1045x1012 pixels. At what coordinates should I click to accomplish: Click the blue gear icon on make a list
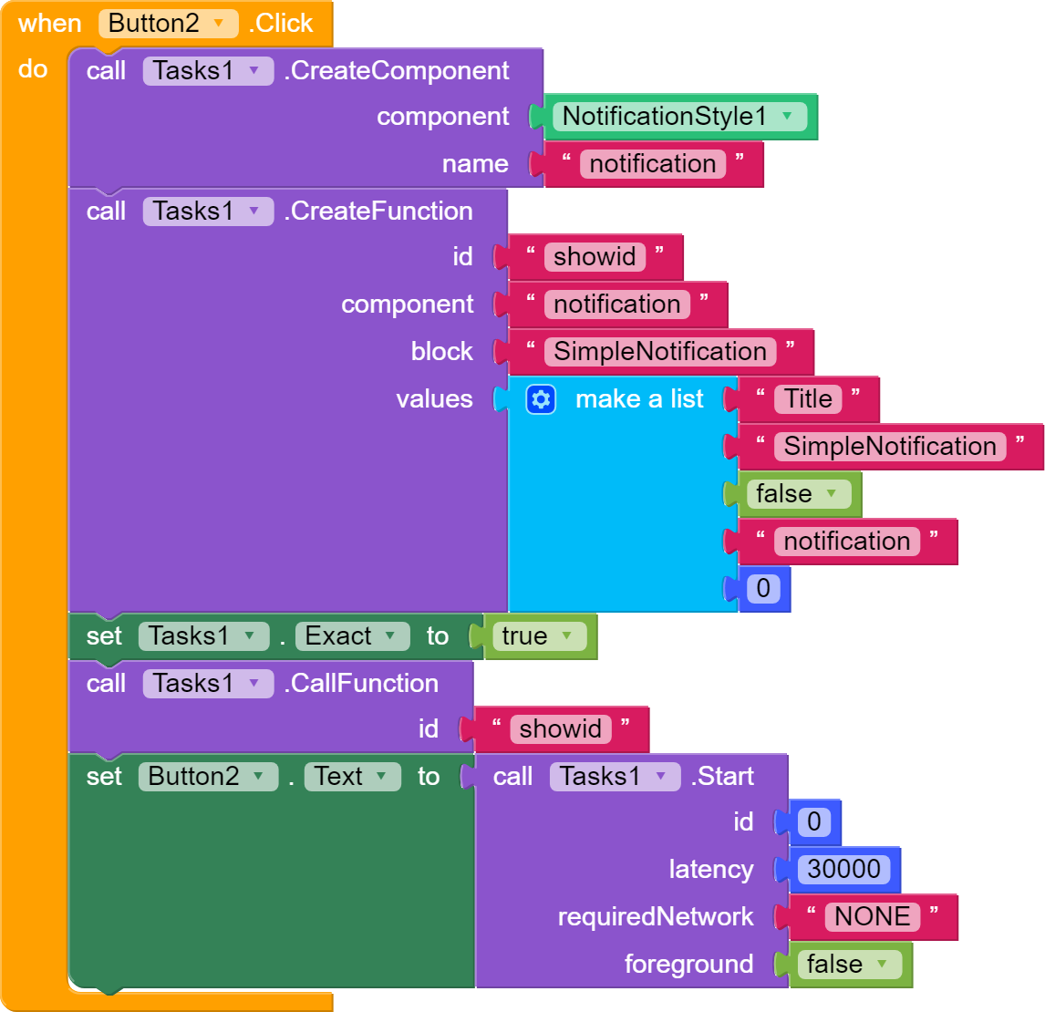coord(541,399)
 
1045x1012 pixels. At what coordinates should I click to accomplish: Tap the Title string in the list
coord(808,399)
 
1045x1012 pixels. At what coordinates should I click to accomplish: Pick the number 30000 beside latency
coord(844,869)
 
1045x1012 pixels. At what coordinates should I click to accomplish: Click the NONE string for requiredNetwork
coord(872,916)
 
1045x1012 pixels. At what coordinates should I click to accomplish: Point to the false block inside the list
coord(796,494)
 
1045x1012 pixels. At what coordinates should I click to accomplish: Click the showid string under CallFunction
coord(560,729)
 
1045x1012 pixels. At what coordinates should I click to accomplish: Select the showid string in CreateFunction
coord(595,257)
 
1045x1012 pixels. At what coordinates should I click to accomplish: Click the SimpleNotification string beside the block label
coord(660,352)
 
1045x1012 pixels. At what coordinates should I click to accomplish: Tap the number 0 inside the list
coord(764,589)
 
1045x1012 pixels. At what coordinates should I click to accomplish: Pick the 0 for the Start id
coord(814,822)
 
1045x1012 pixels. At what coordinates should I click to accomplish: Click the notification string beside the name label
coord(653,164)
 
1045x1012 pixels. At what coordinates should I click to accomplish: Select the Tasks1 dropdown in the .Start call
coord(614,777)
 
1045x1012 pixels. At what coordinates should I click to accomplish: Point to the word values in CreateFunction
coord(434,399)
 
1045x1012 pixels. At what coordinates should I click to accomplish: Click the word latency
coord(711,870)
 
